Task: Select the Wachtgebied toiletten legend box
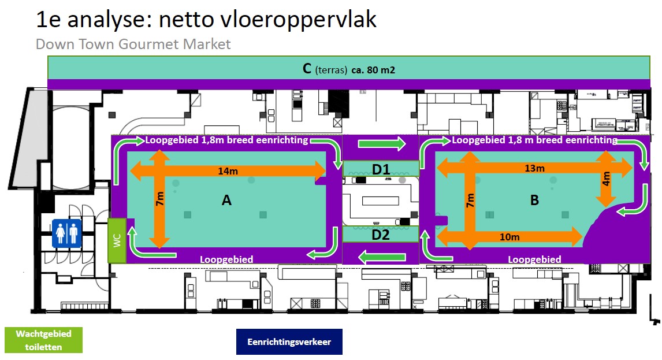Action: coord(43,340)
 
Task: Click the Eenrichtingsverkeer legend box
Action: coord(289,342)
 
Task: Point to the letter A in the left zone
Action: coord(226,201)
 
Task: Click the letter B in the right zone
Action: coord(534,201)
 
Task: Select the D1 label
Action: coord(381,169)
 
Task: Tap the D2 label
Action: coord(381,234)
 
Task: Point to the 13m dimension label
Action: coord(534,168)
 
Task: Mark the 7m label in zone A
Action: coord(159,200)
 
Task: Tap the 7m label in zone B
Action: coord(470,201)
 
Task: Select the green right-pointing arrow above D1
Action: coord(381,144)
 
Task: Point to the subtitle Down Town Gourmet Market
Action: coord(133,44)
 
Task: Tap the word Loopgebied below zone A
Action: coord(226,259)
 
